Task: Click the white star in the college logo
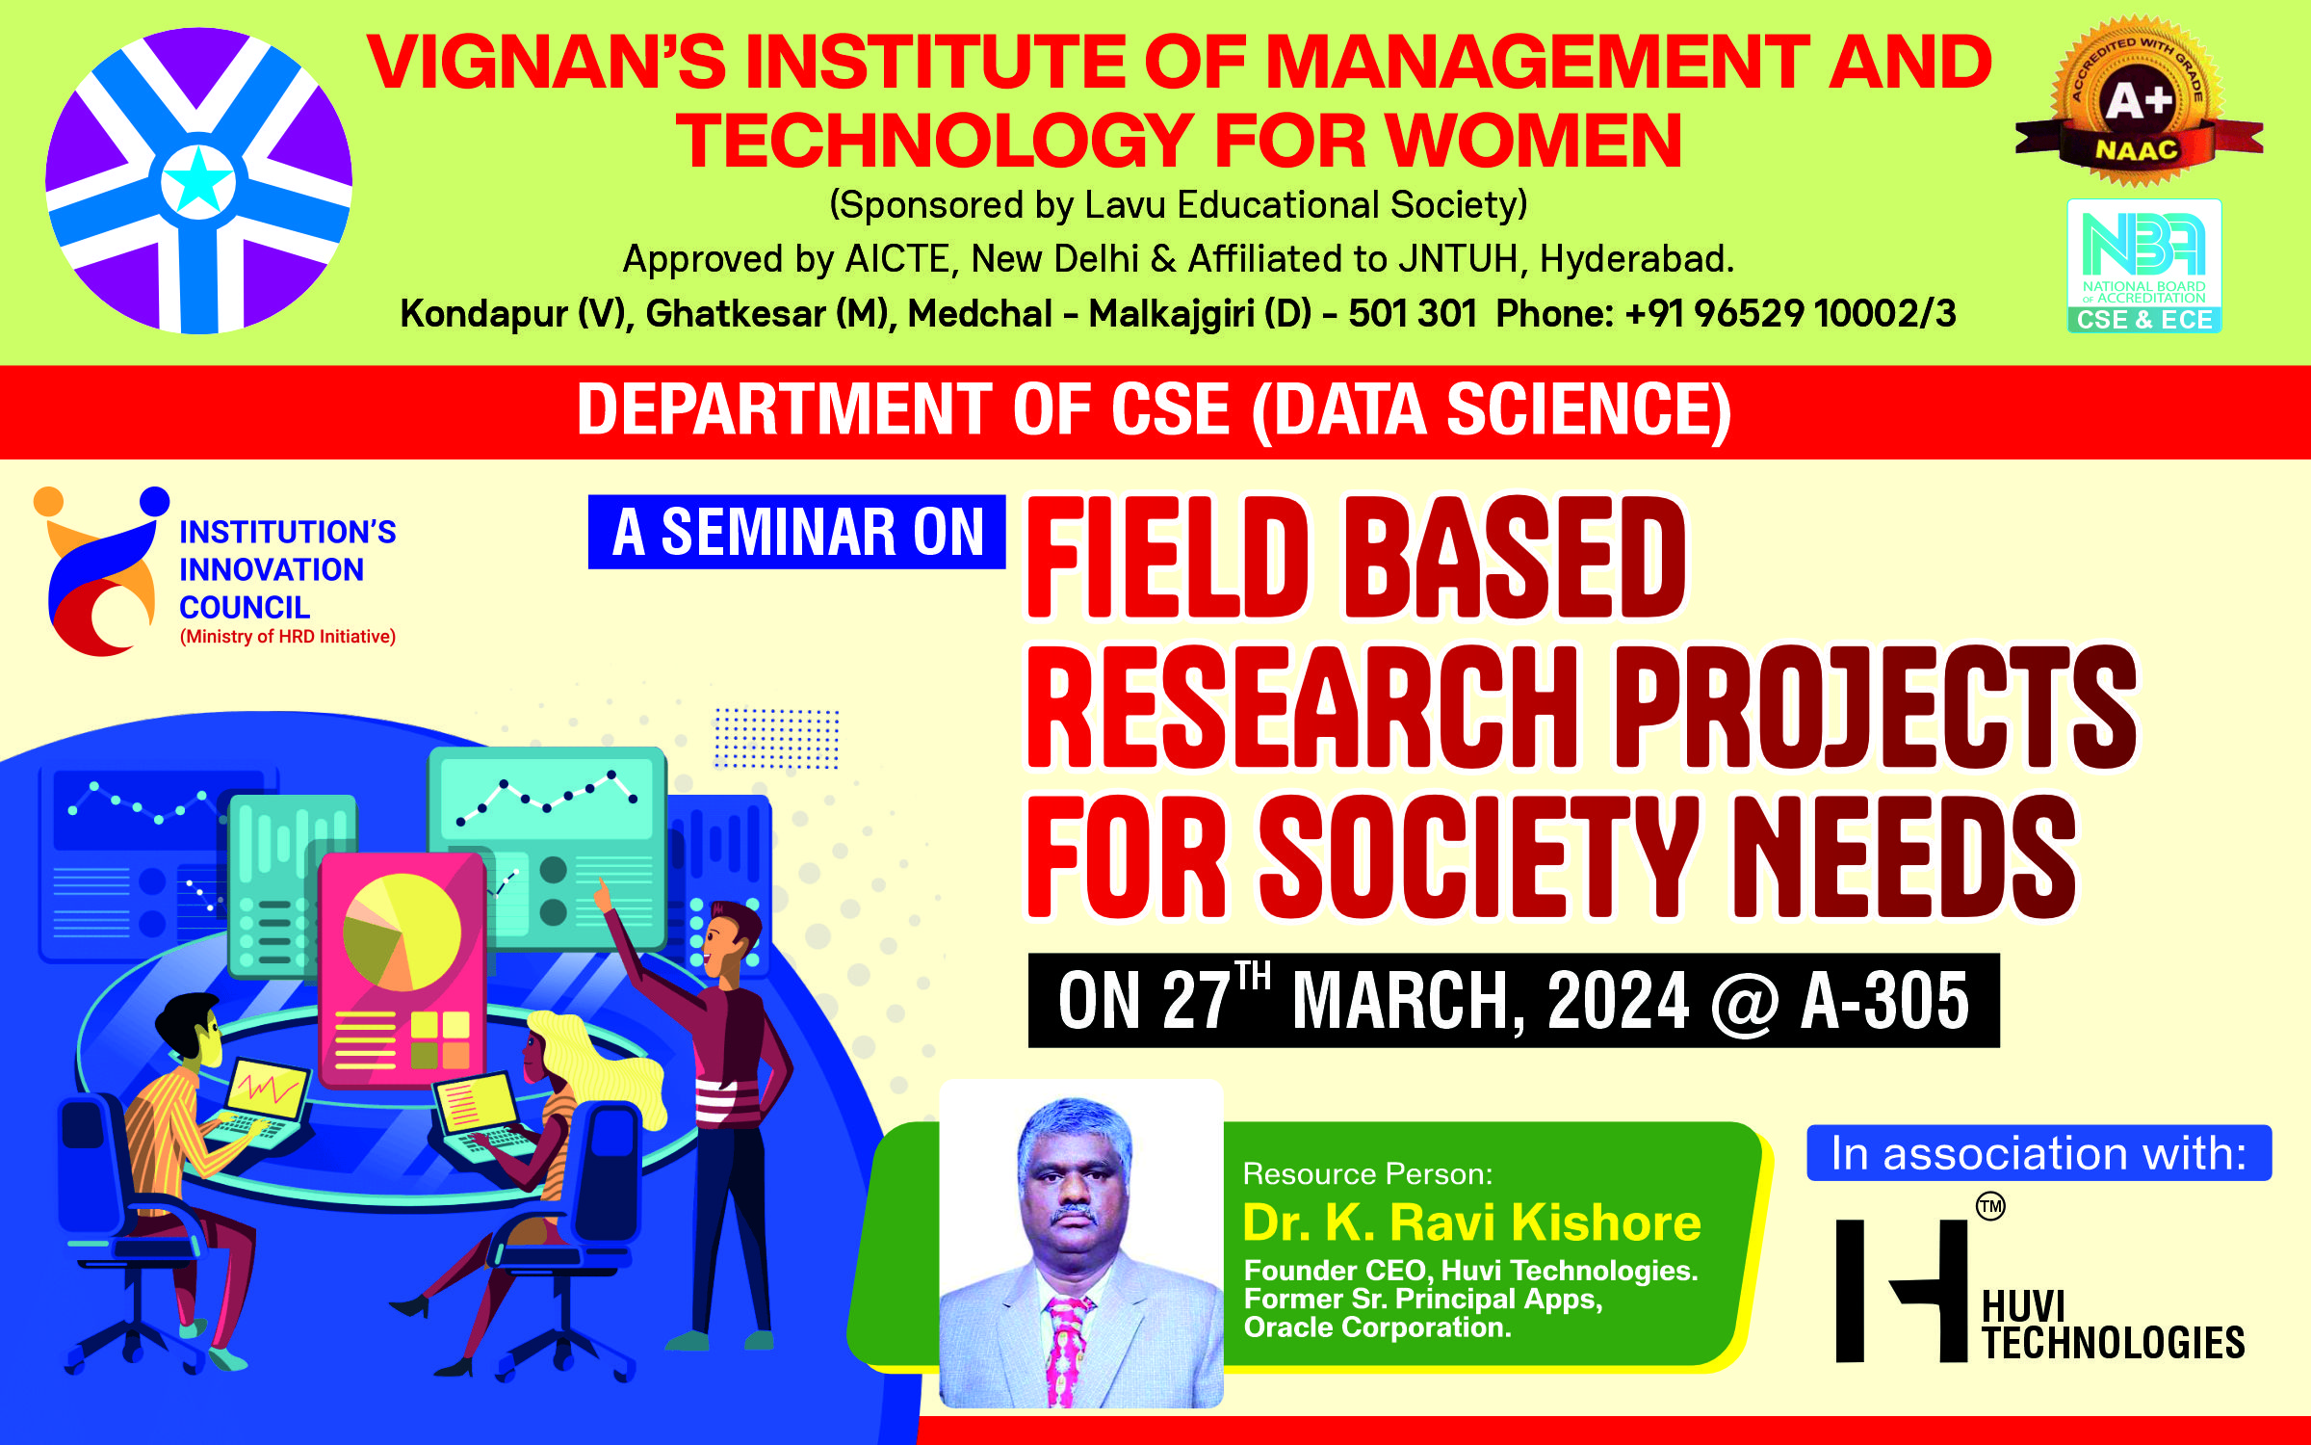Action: [198, 180]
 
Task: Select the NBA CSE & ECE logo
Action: [2144, 266]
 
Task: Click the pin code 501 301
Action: [1413, 313]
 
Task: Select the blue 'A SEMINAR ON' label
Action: [797, 532]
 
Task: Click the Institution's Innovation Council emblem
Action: [101, 571]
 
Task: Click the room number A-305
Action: [1884, 1001]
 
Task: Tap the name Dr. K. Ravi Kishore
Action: [1471, 1222]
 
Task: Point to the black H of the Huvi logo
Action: [1902, 1291]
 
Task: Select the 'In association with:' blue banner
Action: [2039, 1153]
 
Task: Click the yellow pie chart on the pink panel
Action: [402, 932]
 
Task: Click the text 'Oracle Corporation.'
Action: [1377, 1327]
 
